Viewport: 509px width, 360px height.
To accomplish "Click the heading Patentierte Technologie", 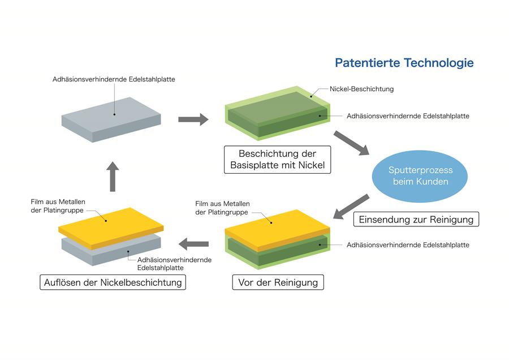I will click(x=404, y=63).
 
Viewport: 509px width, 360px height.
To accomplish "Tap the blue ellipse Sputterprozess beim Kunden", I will click(x=412, y=176).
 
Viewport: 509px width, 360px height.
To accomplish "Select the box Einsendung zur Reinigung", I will click(x=416, y=219).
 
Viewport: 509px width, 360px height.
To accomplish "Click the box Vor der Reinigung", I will click(x=278, y=282).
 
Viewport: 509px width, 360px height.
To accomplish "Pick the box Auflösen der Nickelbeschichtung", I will click(x=113, y=282).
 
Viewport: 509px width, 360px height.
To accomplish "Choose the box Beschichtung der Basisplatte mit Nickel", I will click(x=277, y=160).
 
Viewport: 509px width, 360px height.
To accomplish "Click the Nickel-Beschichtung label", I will click(x=362, y=89).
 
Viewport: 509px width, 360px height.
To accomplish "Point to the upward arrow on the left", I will click(x=113, y=174).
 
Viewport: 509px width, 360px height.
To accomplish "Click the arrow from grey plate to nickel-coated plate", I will click(x=193, y=119).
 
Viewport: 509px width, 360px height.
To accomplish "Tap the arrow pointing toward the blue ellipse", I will click(x=351, y=143).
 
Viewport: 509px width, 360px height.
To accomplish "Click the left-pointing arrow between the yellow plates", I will click(x=193, y=244).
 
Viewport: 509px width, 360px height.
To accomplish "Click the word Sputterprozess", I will click(x=412, y=170).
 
